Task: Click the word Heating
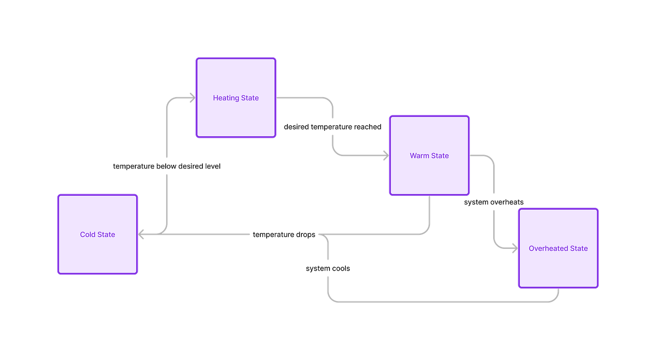pos(226,98)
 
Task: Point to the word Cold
pos(88,235)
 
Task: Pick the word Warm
pos(419,156)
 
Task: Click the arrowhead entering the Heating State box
pos(192,98)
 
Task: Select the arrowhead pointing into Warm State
pos(385,156)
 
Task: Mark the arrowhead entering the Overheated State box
pos(514,248)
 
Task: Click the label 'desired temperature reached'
pos(333,128)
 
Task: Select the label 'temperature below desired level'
pos(167,167)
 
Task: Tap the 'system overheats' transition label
pos(494,202)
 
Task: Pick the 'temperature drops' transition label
pos(284,235)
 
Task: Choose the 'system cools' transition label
pos(328,269)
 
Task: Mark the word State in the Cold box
pos(106,235)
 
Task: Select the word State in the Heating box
pos(250,98)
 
